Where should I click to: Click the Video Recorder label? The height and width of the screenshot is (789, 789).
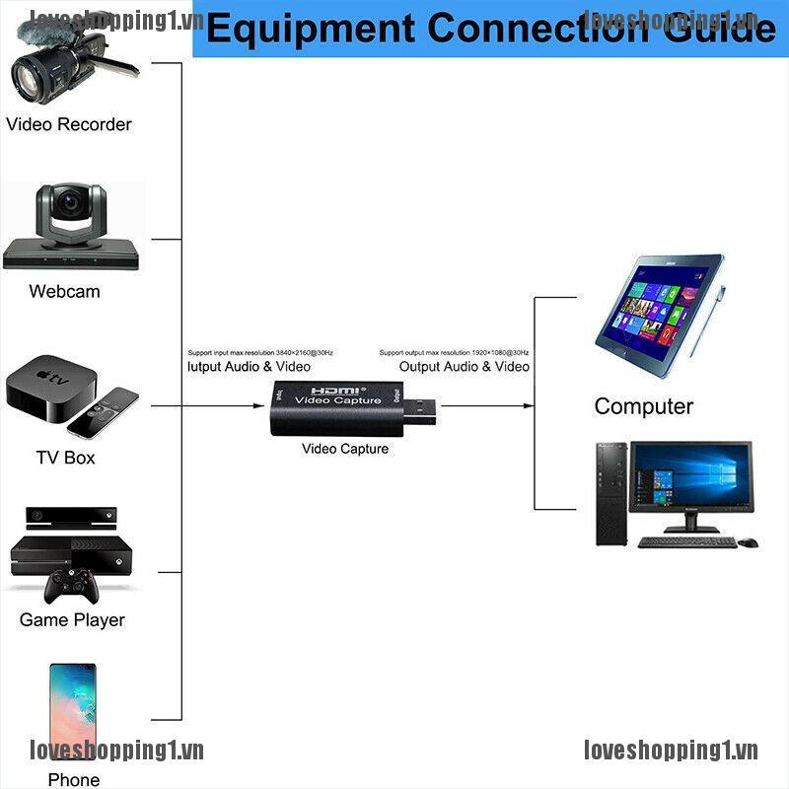point(69,124)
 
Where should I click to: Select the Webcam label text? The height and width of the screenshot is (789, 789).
point(64,291)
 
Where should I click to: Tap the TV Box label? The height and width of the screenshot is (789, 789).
point(65,458)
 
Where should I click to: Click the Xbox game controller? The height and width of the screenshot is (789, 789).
point(69,589)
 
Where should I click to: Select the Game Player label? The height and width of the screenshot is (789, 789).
point(72,620)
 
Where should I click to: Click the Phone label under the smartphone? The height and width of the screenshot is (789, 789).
point(74,779)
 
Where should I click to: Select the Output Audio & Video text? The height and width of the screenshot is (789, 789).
point(464,367)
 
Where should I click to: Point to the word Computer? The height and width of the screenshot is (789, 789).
point(643,406)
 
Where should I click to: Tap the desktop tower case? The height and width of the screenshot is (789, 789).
point(611,493)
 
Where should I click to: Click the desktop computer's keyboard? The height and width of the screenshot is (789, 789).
point(686,541)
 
